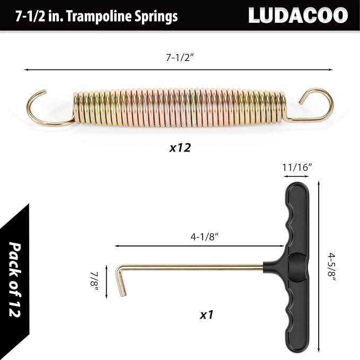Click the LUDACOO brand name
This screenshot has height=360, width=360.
[x=297, y=15]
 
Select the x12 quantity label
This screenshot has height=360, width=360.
[x=180, y=148]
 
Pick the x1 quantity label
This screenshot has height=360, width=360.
[x=206, y=314]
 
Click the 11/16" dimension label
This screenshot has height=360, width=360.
[x=296, y=166]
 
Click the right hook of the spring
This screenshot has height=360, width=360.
[x=316, y=104]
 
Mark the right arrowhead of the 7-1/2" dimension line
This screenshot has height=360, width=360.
[x=331, y=69]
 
